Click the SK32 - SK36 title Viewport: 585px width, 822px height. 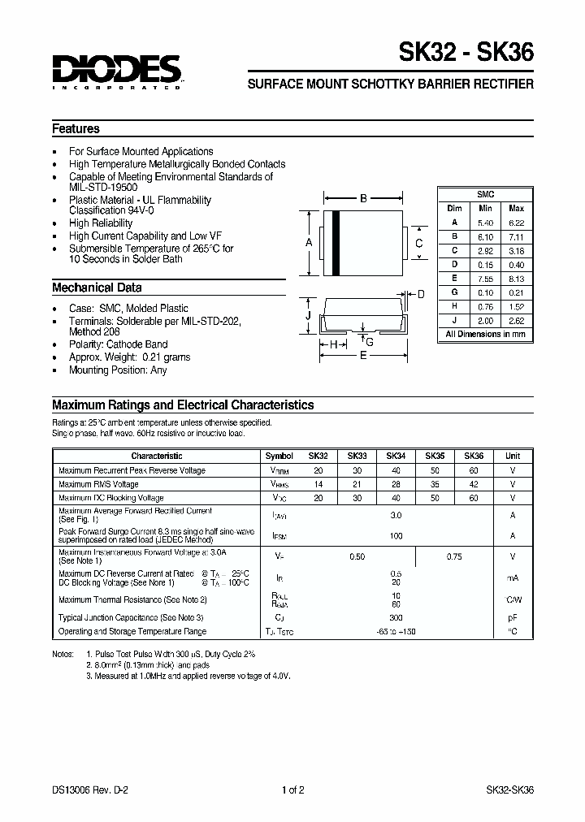tap(466, 54)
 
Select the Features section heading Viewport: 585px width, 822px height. tap(76, 128)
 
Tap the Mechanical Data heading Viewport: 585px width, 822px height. tap(97, 288)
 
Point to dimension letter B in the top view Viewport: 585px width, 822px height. tap(364, 198)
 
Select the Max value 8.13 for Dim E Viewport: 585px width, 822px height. tap(516, 277)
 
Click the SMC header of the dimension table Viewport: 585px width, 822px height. tap(486, 194)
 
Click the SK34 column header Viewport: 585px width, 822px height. tap(396, 456)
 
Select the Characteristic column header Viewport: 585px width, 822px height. tap(156, 456)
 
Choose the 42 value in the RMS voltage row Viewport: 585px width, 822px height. tap(474, 484)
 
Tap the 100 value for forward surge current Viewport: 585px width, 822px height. tap(396, 535)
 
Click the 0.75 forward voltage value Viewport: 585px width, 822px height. tap(454, 556)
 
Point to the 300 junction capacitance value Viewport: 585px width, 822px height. tap(396, 618)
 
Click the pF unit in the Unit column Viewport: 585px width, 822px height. tap(512, 618)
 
